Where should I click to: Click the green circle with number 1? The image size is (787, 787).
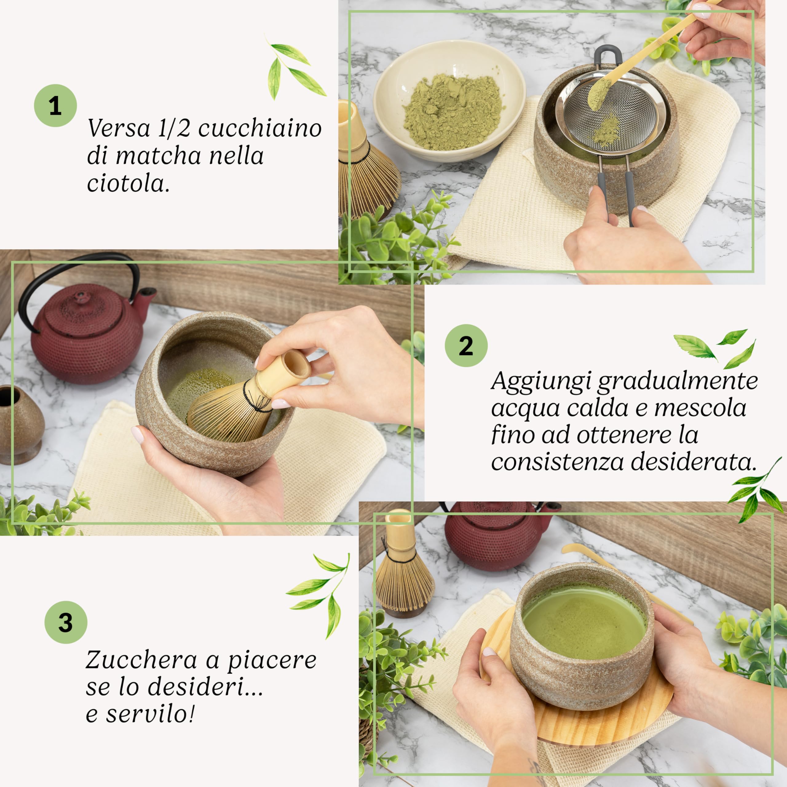[x=55, y=105]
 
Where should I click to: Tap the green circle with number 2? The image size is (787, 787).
[x=466, y=346]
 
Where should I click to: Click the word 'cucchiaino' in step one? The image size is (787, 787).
[x=260, y=129]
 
